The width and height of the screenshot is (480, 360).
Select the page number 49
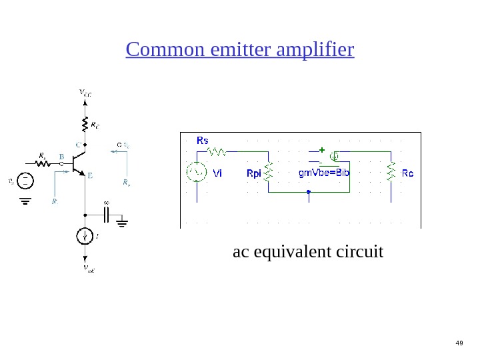tap(459, 343)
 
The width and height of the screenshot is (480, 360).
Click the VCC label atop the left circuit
tap(85, 94)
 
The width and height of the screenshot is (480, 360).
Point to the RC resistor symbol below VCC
tap(85, 124)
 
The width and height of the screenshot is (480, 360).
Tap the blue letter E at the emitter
tap(90, 177)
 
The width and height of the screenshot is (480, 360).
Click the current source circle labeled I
tap(85, 236)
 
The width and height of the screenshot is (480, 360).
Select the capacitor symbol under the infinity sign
tap(106, 215)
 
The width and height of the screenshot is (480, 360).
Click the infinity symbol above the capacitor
tap(106, 202)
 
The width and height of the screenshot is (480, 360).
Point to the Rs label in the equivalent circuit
tap(203, 141)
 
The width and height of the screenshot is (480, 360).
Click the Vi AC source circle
tap(197, 173)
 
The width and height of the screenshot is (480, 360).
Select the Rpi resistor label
tap(254, 174)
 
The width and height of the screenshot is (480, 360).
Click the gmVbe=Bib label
tap(324, 173)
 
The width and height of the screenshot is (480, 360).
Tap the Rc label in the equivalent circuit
tap(407, 173)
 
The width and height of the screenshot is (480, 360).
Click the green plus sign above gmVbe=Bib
tap(322, 149)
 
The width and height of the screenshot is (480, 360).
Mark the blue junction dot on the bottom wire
tap(309, 192)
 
